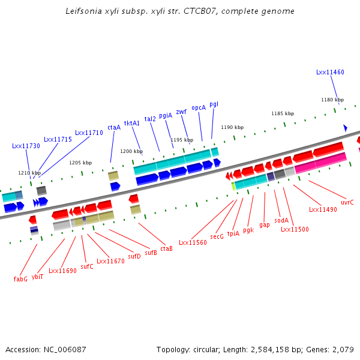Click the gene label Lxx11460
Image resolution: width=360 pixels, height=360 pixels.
(330, 72)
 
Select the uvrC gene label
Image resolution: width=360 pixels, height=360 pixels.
(347, 202)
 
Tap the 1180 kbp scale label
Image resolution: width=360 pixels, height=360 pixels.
(332, 100)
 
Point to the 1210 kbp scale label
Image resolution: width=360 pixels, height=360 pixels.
(29, 173)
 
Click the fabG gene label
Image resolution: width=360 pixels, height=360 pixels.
(21, 279)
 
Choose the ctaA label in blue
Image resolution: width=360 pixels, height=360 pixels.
(114, 127)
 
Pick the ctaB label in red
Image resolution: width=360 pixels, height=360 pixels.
(166, 248)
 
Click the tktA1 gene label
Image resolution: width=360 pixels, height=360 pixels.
(132, 123)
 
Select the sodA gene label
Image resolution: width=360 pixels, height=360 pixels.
(281, 220)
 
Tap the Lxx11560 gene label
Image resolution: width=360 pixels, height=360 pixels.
(193, 242)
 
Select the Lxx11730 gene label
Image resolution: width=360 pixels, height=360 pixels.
(26, 146)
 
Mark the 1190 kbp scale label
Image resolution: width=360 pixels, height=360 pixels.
(232, 127)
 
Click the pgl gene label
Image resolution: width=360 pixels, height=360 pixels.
(214, 104)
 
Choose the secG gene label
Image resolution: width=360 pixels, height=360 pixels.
(217, 236)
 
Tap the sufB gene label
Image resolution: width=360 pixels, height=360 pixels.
(151, 253)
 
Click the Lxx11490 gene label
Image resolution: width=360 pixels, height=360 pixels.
(323, 209)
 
